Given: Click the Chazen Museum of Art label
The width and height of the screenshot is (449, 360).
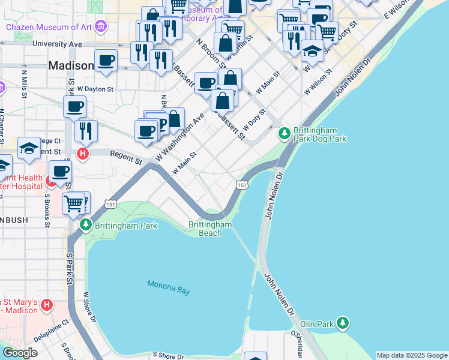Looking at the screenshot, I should coord(51,27).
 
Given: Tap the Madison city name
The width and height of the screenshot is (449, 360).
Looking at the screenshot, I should coord(71,66).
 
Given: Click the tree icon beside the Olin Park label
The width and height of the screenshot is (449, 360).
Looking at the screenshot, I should coord(342,323).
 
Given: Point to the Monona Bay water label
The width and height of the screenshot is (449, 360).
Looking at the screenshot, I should coord(169,287).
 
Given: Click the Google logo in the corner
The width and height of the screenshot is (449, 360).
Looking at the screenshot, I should coord(20,353).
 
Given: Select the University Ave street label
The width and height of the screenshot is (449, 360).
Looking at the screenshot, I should coord(57,44).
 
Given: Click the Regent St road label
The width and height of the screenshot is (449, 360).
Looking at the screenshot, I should coord(126,157).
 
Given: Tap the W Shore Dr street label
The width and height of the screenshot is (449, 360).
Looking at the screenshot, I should coord(90,307).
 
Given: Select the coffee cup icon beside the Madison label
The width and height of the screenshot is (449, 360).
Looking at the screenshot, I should coord(106,61).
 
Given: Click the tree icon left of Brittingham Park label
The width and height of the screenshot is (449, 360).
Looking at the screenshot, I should coord(85,225).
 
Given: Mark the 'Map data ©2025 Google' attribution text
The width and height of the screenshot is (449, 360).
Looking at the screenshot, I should coord(411,355).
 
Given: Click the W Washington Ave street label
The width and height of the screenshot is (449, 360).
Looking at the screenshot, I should coord(181,136).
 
